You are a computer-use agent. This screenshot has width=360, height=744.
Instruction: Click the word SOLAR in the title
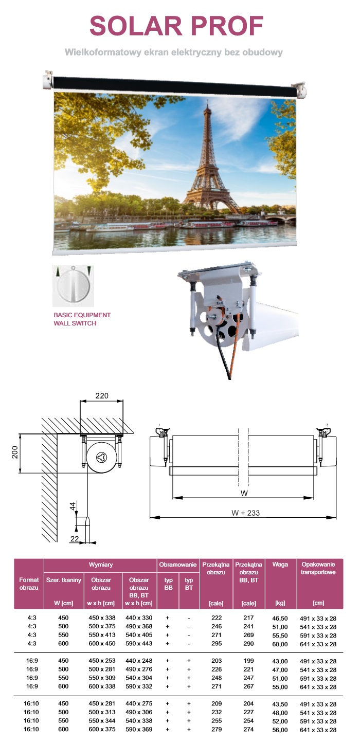(136, 26)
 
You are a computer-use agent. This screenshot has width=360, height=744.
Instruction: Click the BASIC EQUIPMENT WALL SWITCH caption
(82, 319)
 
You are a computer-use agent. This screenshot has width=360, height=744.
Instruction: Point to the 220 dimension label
(102, 395)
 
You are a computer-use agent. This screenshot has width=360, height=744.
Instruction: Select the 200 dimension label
(15, 452)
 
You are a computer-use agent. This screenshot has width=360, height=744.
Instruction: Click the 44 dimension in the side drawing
(73, 506)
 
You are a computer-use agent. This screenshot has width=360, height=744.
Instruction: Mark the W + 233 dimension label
(245, 513)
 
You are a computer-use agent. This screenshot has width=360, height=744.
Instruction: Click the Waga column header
(280, 565)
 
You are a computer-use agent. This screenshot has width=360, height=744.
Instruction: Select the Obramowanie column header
(177, 565)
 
